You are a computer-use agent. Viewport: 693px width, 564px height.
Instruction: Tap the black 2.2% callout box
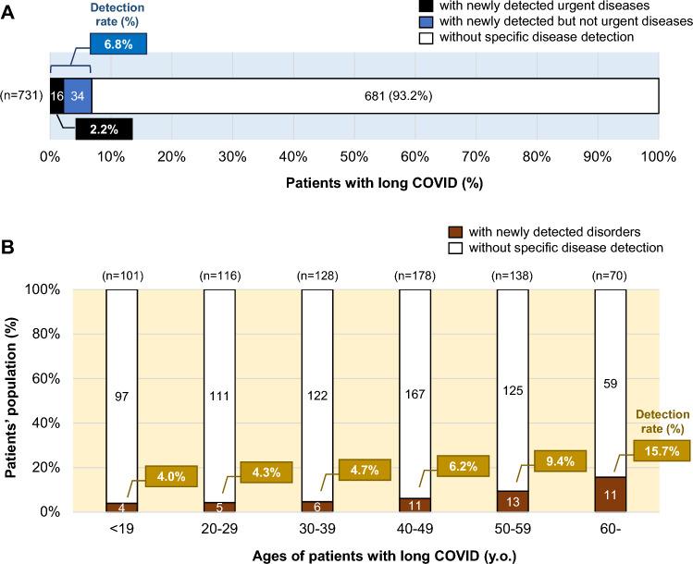(103, 129)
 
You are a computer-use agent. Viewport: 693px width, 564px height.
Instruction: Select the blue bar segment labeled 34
(78, 94)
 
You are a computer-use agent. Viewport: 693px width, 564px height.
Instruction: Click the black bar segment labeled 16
(56, 94)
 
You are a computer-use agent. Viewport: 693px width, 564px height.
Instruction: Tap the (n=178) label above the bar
(415, 275)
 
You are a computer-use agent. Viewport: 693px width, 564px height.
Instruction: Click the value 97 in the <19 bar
(122, 396)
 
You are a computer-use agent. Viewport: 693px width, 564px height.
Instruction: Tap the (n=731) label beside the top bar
(22, 94)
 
